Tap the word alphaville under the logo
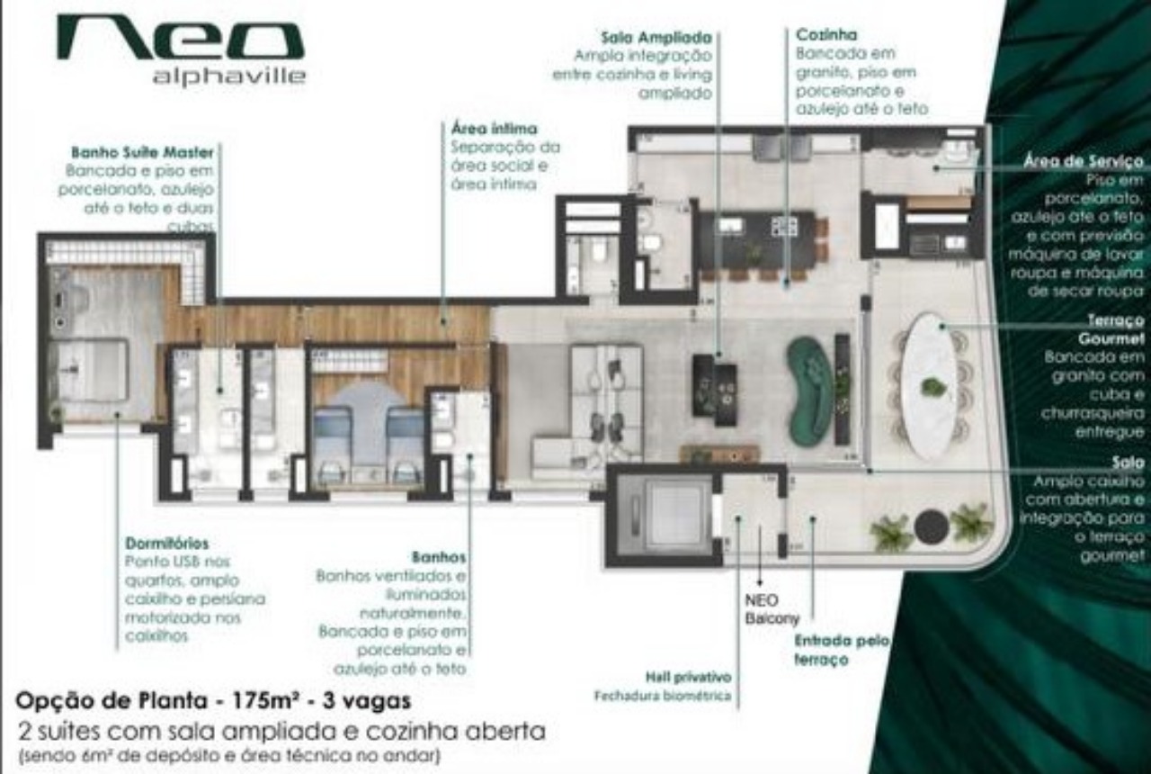point(228,76)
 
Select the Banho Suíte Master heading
point(142,152)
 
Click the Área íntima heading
point(494,129)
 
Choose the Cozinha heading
point(825,35)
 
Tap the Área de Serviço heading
point(1084,162)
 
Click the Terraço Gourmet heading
point(1111,329)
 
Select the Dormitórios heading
point(167,544)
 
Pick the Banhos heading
point(439,557)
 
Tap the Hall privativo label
point(688,677)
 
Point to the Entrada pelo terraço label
point(841,650)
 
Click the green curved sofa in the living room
point(810,391)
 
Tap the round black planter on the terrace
point(931,526)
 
